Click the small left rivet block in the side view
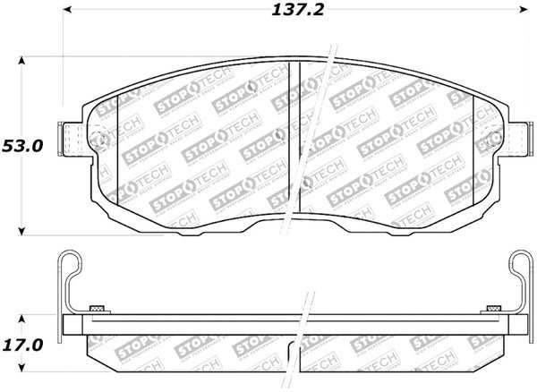[98, 309]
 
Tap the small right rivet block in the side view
[490, 309]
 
